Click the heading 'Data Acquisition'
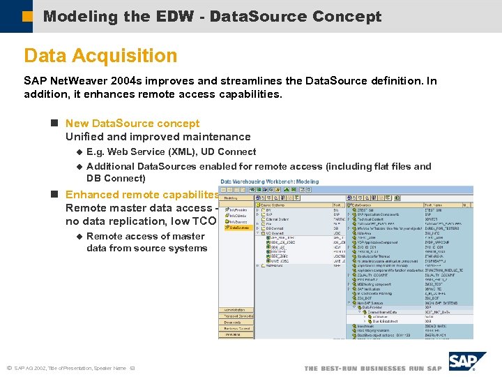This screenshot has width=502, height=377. coord(100,56)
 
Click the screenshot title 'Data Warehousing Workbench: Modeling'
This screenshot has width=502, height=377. coord(270,182)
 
